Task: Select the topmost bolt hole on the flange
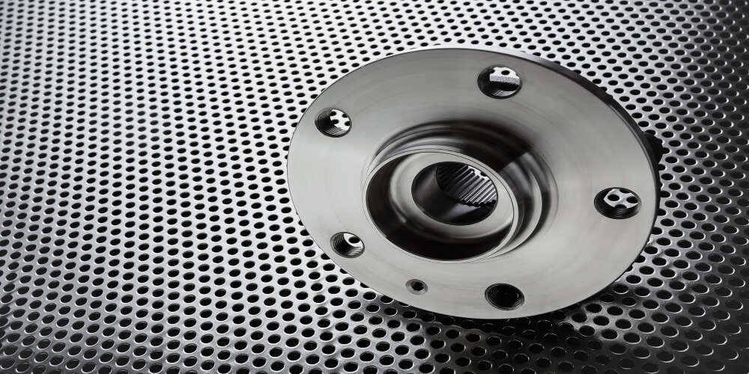click(500, 81)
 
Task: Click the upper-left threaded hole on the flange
click(333, 122)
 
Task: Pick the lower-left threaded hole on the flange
click(348, 244)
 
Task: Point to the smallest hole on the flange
click(416, 286)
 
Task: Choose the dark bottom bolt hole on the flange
click(504, 296)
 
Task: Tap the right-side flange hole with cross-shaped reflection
click(618, 202)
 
